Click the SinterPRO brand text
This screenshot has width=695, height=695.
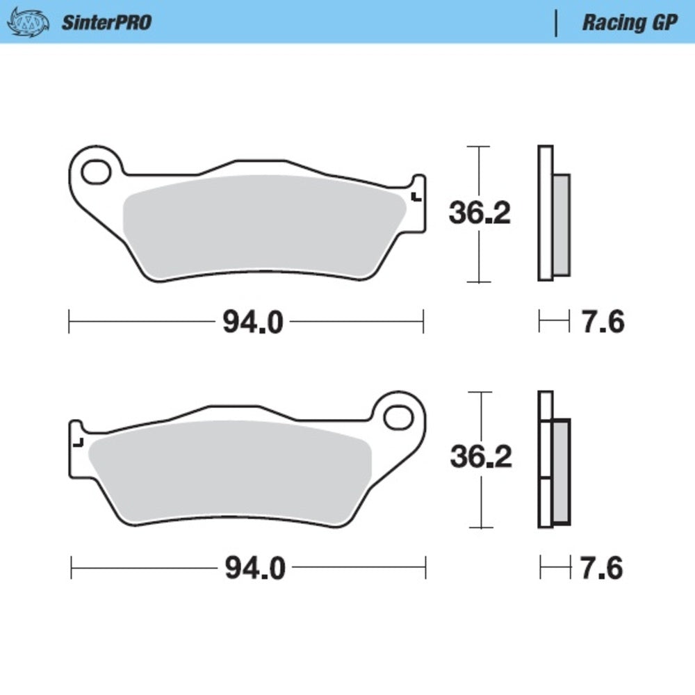106,22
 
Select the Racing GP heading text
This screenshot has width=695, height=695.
629,22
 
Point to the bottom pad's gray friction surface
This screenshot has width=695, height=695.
229,473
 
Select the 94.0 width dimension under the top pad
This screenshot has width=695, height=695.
253,322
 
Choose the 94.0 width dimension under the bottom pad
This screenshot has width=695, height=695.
254,569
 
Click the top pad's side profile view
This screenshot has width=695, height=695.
553,214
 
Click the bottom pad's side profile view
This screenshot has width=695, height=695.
554,460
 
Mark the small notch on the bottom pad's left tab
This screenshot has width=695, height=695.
79,442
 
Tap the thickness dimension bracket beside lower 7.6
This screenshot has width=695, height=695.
555,569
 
